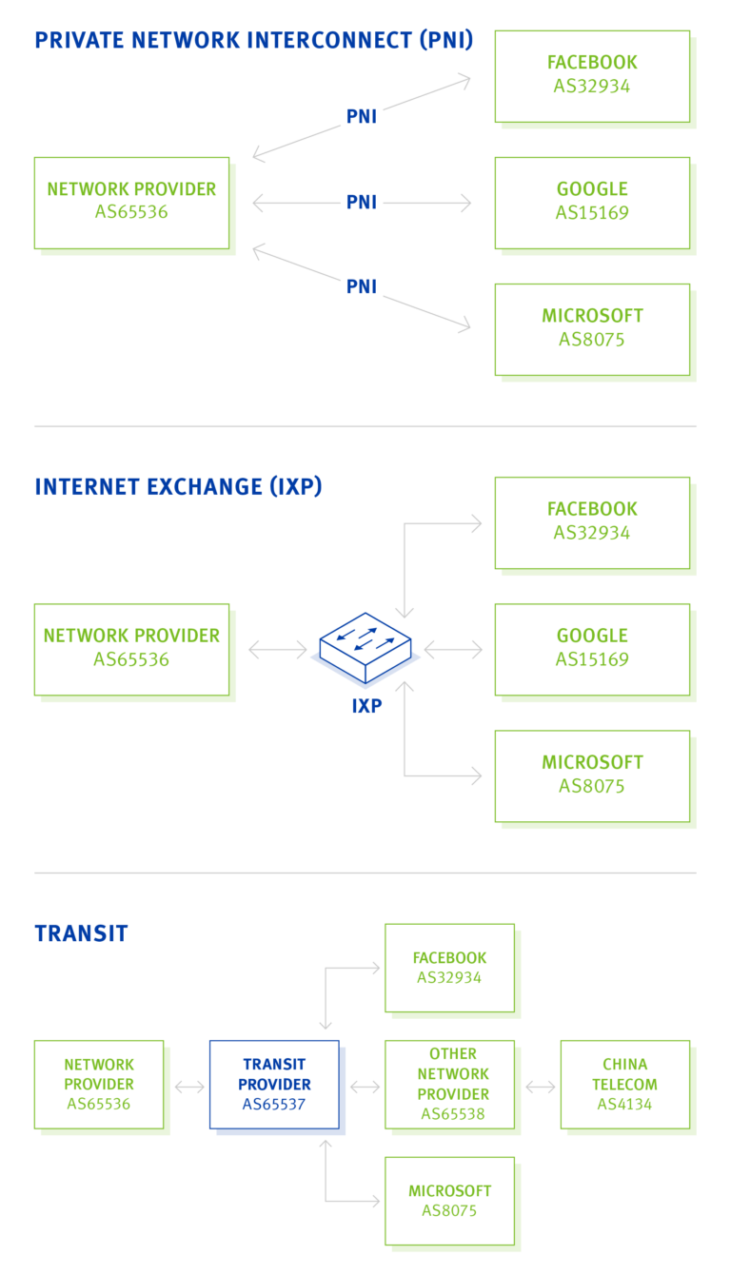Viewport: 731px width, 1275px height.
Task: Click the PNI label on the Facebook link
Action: point(362,117)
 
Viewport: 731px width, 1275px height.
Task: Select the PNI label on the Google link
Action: point(362,203)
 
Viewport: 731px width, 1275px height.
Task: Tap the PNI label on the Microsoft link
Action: point(362,286)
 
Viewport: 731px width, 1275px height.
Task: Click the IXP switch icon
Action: point(365,649)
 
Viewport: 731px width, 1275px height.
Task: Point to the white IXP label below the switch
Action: point(366,707)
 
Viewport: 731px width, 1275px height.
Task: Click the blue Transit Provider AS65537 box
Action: point(274,1084)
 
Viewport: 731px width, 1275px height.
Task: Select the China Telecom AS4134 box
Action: point(624,1084)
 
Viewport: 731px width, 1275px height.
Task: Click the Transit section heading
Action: point(81,933)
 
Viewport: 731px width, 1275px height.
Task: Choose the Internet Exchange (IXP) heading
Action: point(178,487)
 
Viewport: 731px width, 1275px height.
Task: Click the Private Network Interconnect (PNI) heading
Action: point(253,40)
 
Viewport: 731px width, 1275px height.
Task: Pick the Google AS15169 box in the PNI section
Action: point(592,202)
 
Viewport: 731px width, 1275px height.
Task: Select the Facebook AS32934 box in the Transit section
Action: point(449,967)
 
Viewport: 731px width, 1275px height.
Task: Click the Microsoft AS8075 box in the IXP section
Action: point(592,775)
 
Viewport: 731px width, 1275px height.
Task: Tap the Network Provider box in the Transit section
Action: point(99,1084)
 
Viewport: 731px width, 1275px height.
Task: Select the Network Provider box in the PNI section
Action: point(131,202)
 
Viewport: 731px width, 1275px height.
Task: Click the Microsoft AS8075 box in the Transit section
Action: point(449,1200)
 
